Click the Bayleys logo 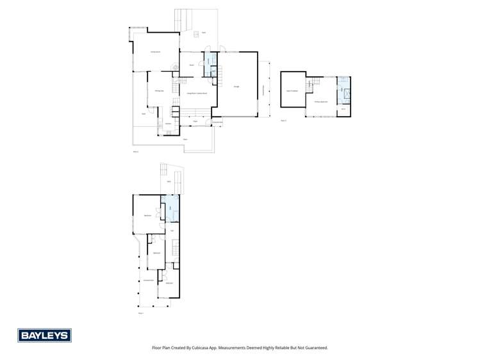(44, 335)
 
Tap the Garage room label (236, 86)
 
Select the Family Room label (154, 51)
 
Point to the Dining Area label (158, 91)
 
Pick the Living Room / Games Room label (196, 94)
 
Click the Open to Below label (293, 91)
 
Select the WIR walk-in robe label (343, 109)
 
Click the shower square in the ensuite (346, 94)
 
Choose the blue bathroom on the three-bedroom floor (170, 209)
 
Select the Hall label (172, 231)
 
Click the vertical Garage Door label (264, 89)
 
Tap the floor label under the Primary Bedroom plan (284, 120)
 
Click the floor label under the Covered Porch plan (141, 313)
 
